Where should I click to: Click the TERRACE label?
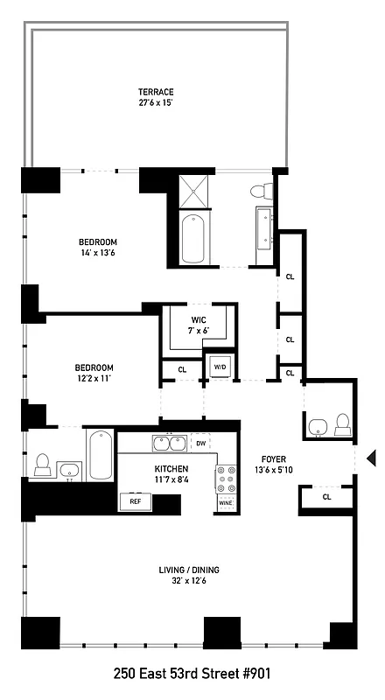(155, 92)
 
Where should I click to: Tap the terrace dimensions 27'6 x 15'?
(155, 103)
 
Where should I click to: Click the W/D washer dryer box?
(218, 366)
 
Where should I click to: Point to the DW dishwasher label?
(201, 444)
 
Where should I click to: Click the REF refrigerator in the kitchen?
(136, 502)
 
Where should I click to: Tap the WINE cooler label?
(226, 504)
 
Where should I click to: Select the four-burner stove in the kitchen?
(226, 479)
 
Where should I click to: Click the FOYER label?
(273, 458)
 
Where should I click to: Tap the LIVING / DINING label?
(189, 570)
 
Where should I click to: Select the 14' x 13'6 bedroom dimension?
(97, 253)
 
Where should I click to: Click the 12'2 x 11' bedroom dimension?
(94, 379)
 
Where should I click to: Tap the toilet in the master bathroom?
(259, 191)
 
